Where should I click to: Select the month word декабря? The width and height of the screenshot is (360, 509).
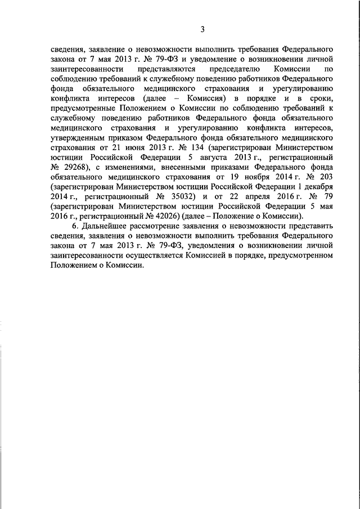tap(317, 187)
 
